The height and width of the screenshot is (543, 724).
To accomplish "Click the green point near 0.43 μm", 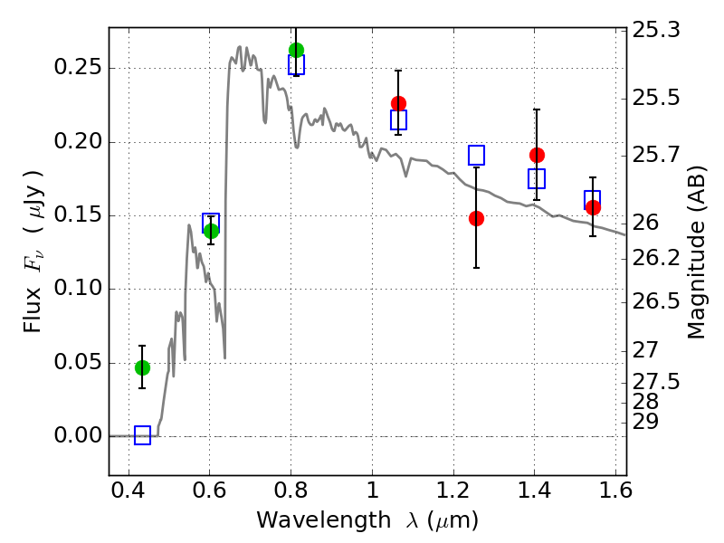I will point(142,367).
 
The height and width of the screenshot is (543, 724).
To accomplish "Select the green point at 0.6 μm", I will point(211,231).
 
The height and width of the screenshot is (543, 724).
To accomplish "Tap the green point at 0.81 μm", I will point(296,50).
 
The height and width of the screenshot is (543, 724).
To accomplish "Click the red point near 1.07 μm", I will point(398,103).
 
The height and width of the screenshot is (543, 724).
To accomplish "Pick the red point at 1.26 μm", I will point(476,218).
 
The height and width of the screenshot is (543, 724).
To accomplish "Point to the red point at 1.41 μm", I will point(537,155).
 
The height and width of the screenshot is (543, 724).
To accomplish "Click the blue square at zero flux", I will point(142,435).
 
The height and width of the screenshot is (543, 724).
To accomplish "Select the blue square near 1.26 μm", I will point(476,155).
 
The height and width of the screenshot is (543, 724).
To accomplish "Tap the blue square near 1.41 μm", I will point(537,178).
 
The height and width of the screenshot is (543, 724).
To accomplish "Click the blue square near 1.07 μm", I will point(398,119).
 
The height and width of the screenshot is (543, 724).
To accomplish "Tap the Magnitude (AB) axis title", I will point(696,252).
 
